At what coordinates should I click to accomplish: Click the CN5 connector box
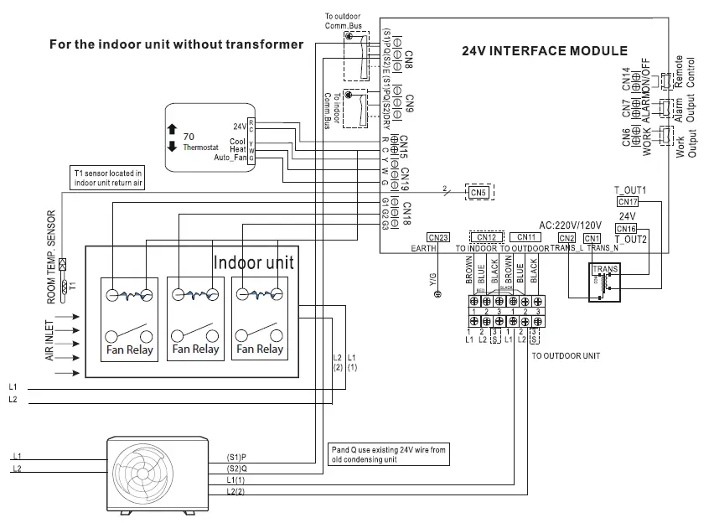(479, 193)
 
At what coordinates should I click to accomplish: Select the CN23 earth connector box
(439, 237)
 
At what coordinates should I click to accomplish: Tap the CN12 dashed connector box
(487, 237)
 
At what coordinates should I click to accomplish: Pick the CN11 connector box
(523, 237)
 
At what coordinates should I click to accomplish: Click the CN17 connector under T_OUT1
(627, 201)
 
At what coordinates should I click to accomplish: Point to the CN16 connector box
(625, 228)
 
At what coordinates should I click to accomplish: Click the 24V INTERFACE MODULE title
(544, 50)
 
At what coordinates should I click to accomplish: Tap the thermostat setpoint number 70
(189, 136)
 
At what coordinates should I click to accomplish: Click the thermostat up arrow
(172, 130)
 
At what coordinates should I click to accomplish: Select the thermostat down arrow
(172, 146)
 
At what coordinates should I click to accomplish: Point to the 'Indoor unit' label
(254, 261)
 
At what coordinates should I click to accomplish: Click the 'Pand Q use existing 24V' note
(388, 455)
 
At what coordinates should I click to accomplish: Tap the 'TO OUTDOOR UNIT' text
(566, 356)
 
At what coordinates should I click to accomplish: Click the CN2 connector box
(567, 238)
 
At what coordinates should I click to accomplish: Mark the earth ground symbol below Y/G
(436, 293)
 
